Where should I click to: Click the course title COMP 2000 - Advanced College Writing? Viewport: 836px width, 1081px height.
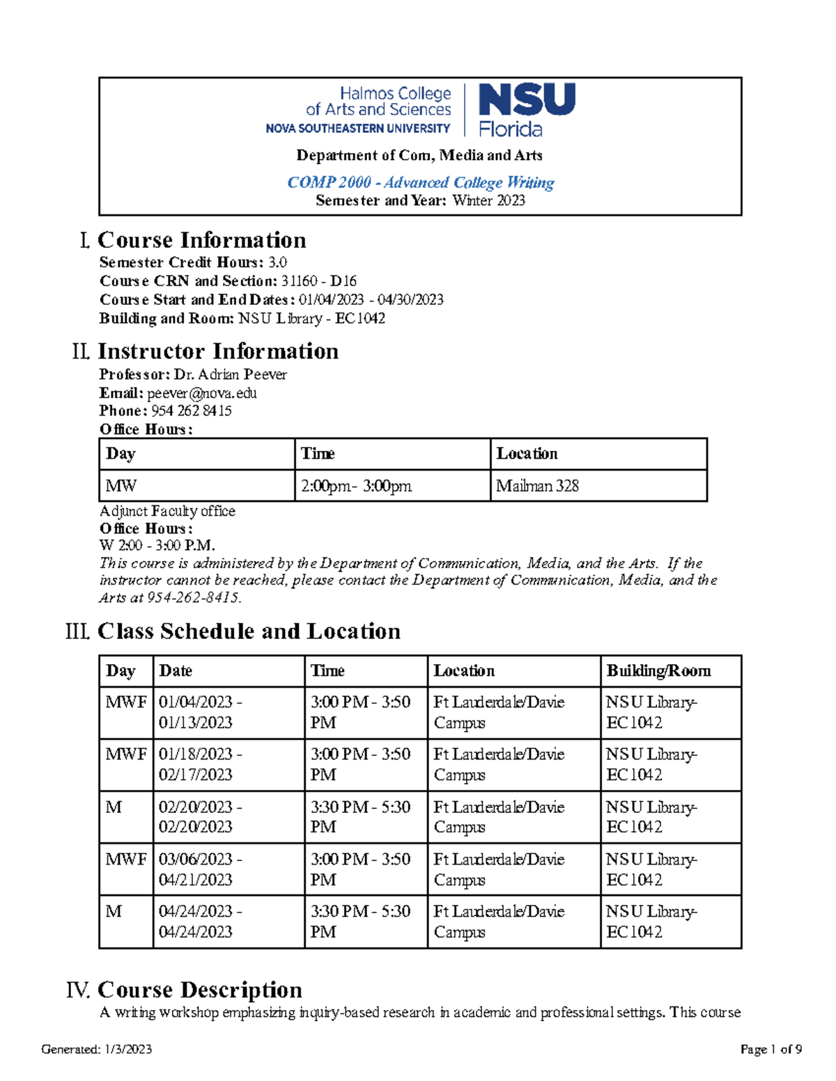click(420, 182)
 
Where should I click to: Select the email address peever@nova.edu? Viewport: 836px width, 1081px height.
click(201, 393)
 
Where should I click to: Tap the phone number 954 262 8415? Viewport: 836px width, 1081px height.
click(191, 411)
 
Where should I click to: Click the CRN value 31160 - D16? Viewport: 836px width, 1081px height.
click(318, 281)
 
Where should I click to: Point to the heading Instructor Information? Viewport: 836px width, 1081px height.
click(217, 352)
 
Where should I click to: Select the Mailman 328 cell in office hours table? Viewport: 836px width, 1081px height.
click(537, 486)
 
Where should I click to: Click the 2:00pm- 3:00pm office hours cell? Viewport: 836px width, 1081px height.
click(356, 486)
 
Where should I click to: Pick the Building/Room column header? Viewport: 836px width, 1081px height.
click(658, 671)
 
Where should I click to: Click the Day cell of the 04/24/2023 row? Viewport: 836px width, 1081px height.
click(114, 912)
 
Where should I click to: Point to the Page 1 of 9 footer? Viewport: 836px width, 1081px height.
click(771, 1050)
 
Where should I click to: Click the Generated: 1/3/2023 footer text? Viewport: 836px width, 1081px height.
click(97, 1050)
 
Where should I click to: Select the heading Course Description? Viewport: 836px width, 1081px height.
click(199, 990)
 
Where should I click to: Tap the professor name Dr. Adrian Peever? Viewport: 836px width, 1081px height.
click(230, 374)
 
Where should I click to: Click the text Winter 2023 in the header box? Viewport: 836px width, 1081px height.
click(488, 201)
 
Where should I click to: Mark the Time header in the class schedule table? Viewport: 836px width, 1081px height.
click(327, 671)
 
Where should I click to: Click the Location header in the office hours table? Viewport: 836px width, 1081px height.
click(527, 454)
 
